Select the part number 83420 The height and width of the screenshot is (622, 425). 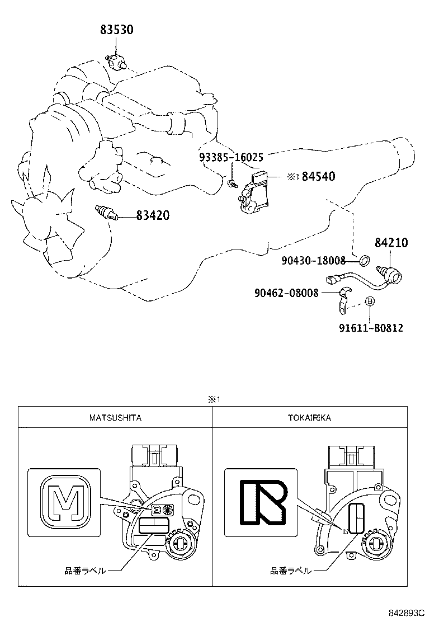(153, 215)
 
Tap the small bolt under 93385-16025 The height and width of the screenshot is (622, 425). (232, 183)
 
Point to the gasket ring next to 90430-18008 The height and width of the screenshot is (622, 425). (363, 260)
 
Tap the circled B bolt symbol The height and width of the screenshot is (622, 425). (369, 302)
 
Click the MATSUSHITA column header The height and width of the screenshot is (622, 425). (115, 417)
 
